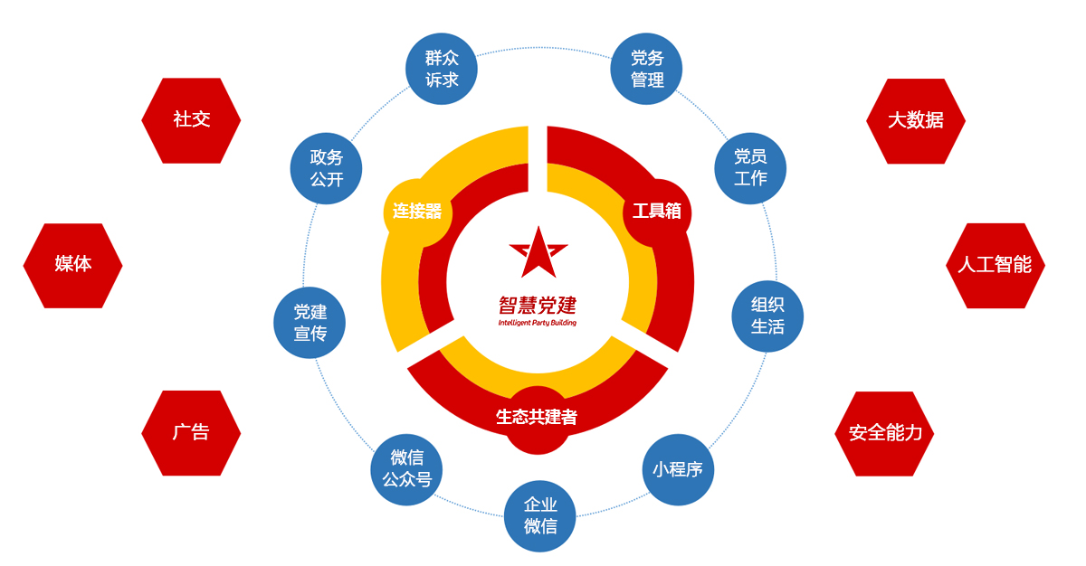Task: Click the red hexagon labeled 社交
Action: point(191,120)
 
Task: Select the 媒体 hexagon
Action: point(72,265)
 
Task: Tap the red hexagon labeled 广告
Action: point(191,432)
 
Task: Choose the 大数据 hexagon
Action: point(915,120)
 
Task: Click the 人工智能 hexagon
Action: point(995,265)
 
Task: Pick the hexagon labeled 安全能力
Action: point(884,433)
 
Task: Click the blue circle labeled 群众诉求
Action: point(442,69)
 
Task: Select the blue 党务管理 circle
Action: point(647,69)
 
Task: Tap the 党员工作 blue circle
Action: point(750,167)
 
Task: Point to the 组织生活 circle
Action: point(767,316)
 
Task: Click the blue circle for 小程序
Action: point(678,469)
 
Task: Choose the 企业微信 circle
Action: point(540,516)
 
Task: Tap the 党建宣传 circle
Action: point(310,323)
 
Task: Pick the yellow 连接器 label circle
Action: point(417,212)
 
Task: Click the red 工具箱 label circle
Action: point(656,212)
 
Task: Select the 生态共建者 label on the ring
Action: point(537,418)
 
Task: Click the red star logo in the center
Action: point(538,252)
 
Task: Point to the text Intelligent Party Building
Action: point(537,322)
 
